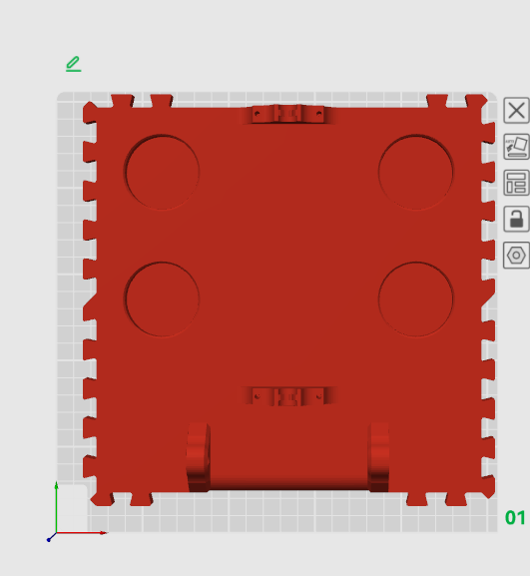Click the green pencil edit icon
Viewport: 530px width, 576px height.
point(74,64)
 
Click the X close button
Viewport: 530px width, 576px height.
point(516,110)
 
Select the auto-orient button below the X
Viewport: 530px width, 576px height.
point(516,147)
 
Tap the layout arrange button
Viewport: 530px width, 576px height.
point(516,183)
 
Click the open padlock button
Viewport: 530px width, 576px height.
point(516,219)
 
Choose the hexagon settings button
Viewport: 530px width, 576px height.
point(516,255)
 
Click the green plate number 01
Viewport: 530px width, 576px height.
point(515,518)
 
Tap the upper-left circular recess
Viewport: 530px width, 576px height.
point(162,172)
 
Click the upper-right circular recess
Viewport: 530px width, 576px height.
point(416,172)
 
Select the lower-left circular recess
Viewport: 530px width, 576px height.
point(162,299)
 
